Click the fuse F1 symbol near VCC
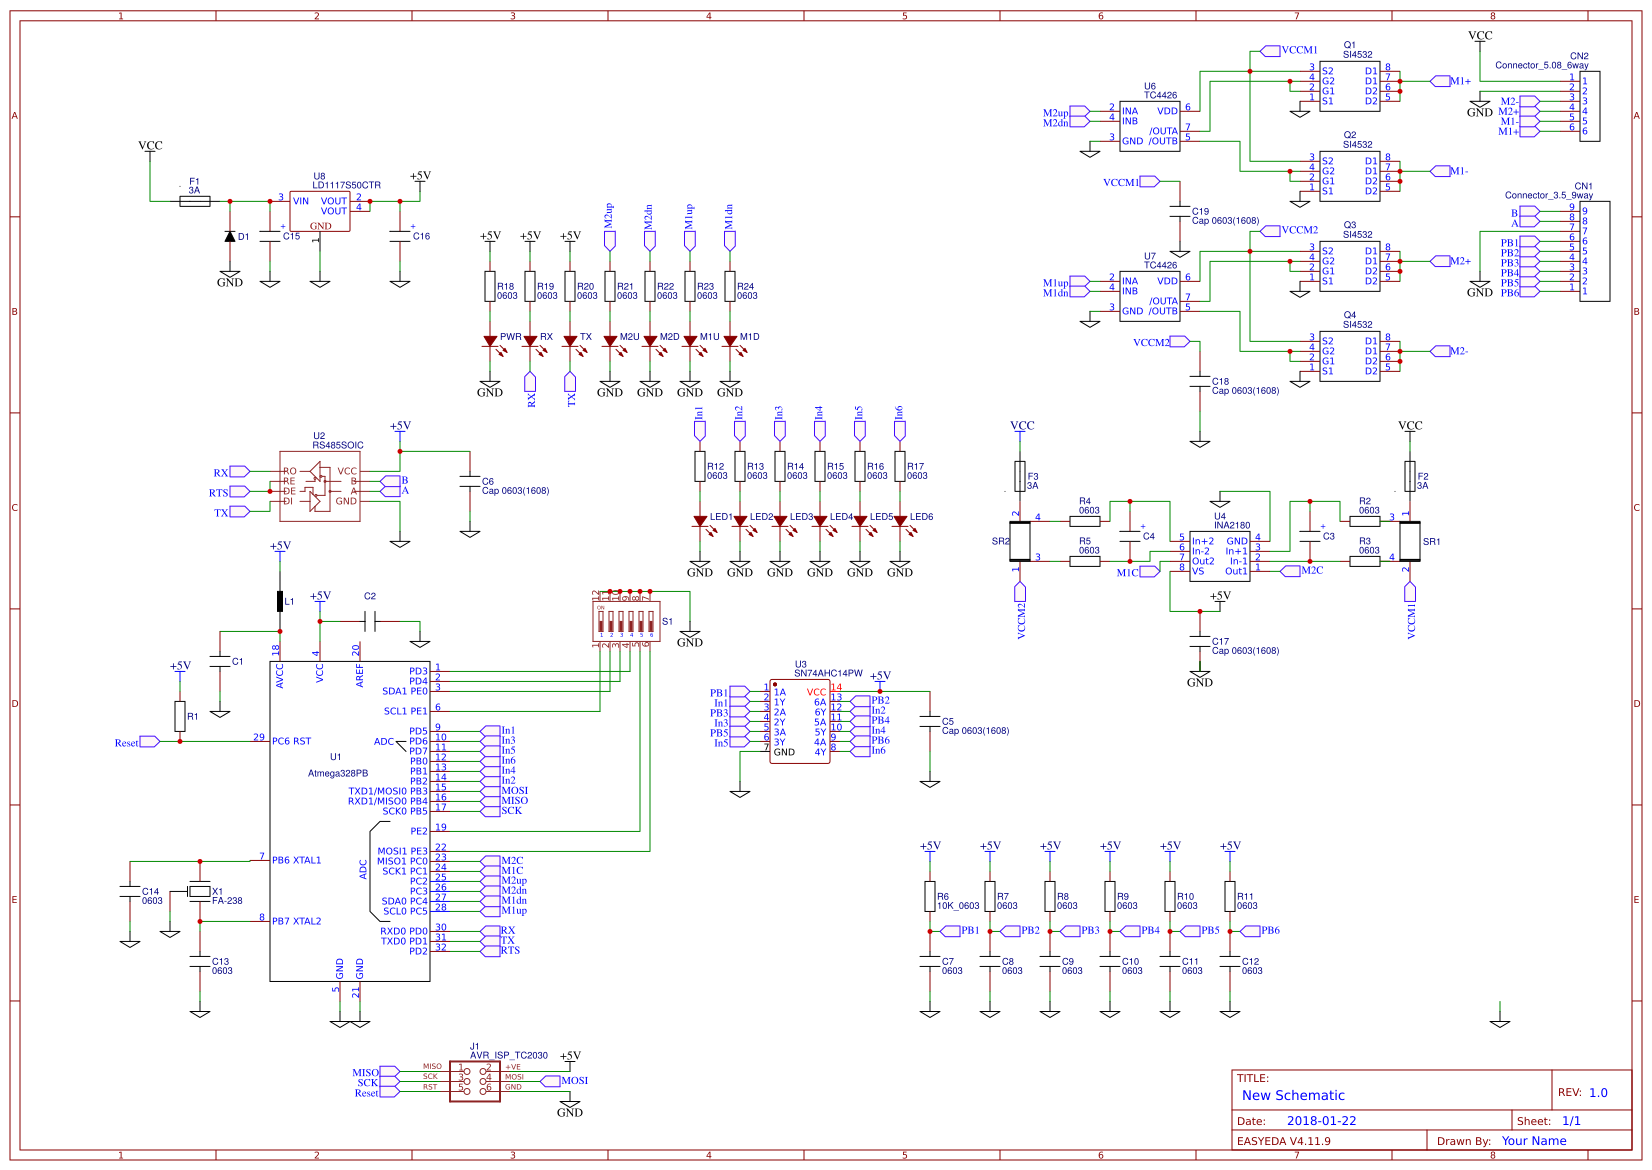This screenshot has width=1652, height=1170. [x=195, y=201]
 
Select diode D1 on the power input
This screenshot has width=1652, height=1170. [x=230, y=237]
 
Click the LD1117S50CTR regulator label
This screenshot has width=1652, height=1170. [x=346, y=185]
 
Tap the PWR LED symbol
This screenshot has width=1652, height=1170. [x=490, y=341]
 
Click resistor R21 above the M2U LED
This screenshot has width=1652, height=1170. [x=610, y=286]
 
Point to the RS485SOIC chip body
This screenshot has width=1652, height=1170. [x=319, y=486]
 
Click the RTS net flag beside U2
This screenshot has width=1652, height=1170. [x=239, y=492]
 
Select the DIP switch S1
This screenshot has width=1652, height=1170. [x=625, y=620]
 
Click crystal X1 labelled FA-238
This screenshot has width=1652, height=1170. [x=200, y=891]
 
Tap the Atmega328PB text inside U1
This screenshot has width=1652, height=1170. [x=338, y=773]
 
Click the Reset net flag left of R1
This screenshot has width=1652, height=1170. [x=148, y=742]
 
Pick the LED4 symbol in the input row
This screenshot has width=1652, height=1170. [x=820, y=521]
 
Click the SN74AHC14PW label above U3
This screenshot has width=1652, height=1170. [x=828, y=673]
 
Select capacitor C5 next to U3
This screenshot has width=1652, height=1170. [x=930, y=721]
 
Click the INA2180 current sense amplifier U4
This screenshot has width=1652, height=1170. [x=1219, y=555]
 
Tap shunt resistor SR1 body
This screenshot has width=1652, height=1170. [x=1410, y=541]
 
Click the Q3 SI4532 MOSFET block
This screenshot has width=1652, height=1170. [x=1349, y=265]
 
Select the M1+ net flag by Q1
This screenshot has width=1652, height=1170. [x=1440, y=81]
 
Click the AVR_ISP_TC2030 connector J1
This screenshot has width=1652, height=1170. [x=475, y=1081]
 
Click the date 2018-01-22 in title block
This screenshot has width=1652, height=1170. [x=1321, y=1121]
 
